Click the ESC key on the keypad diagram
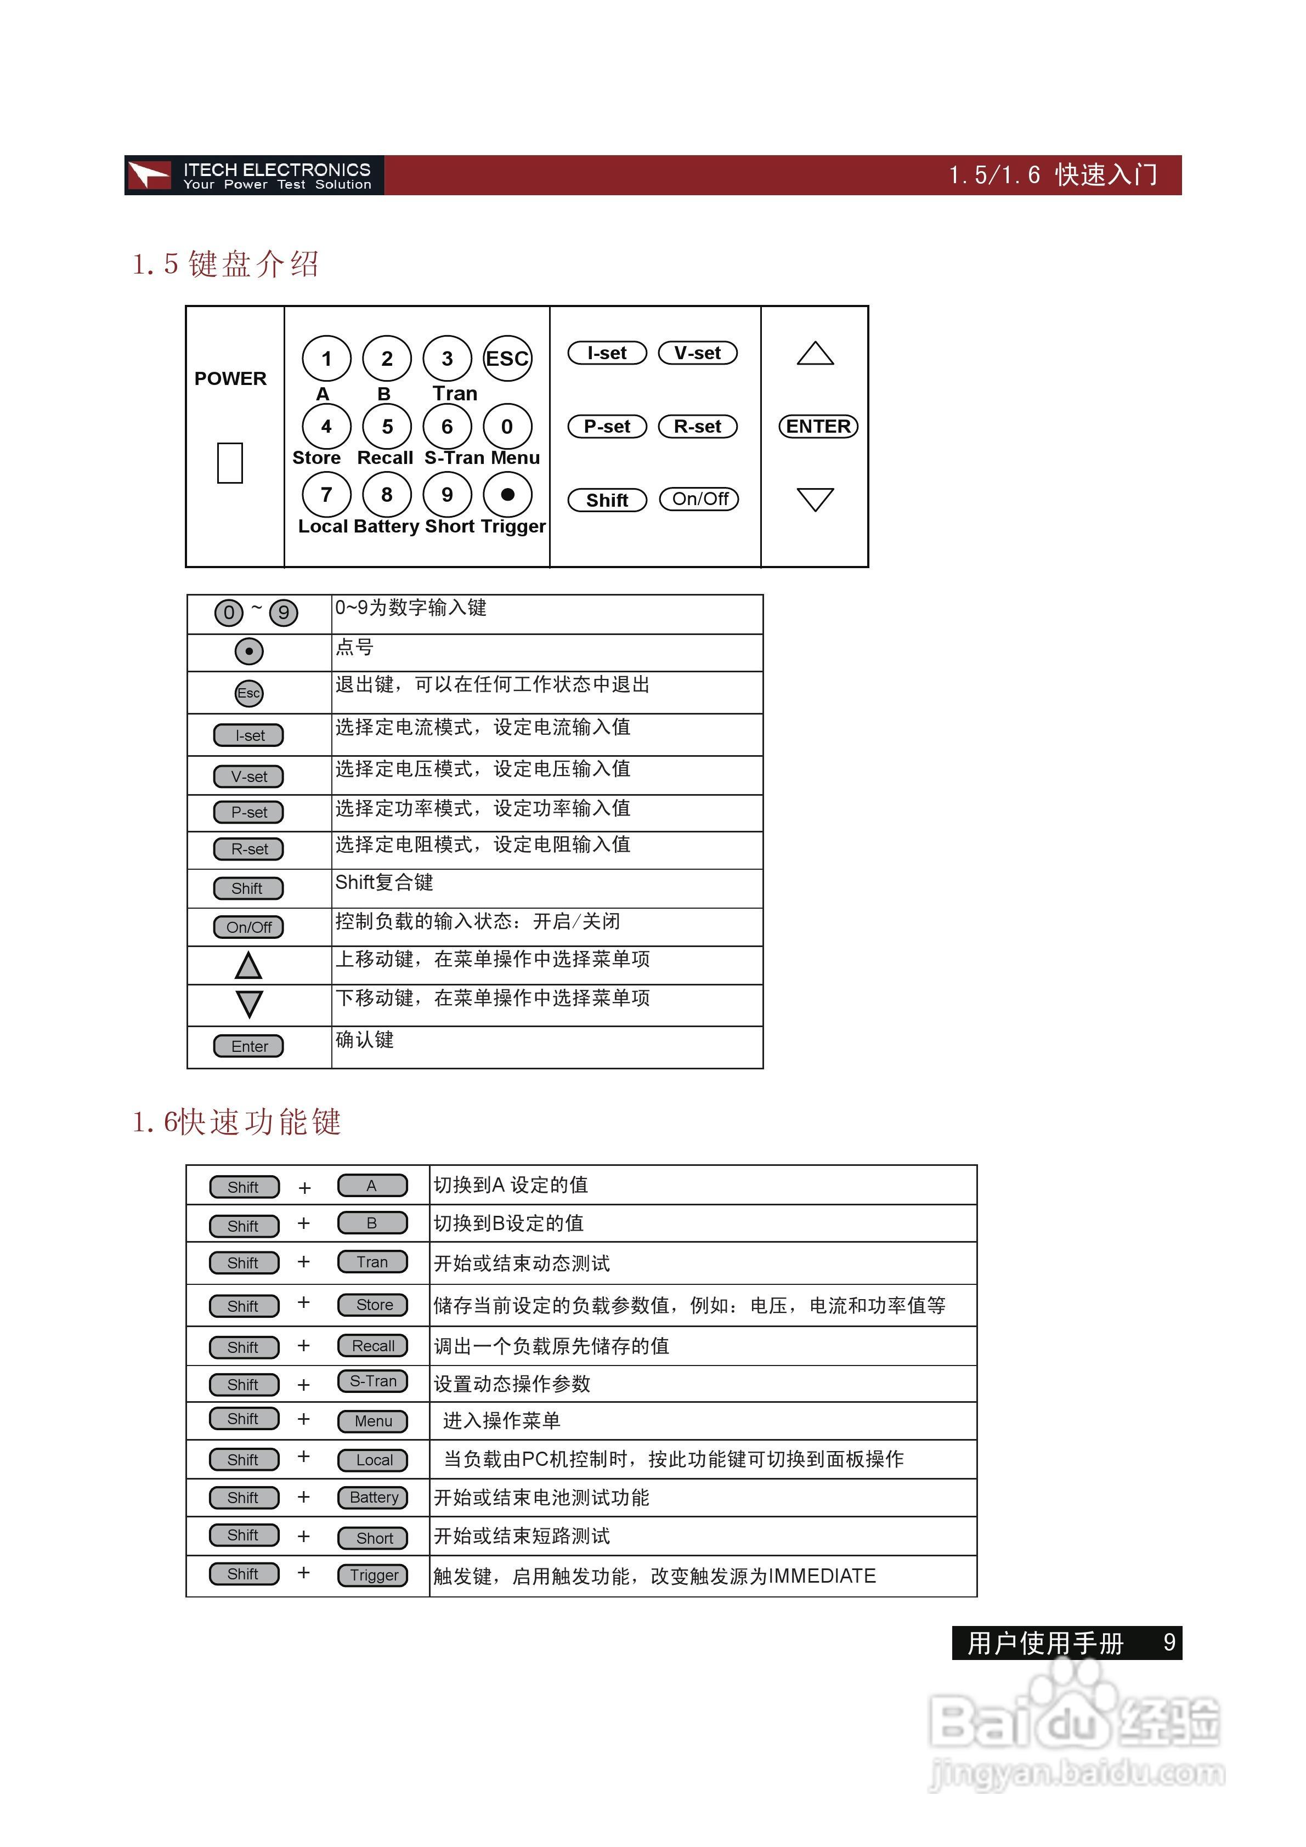pos(507,359)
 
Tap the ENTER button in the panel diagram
pos(818,426)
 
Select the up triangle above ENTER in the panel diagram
pos(815,354)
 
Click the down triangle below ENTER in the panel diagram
pos(815,498)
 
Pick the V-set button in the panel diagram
pos(698,353)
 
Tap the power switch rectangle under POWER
pos(230,462)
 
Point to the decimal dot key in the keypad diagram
pos(507,495)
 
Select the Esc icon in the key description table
pos(248,693)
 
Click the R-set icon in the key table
pos(248,849)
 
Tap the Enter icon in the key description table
pos(248,1046)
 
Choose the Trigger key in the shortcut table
pos(374,1575)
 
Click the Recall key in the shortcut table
pos(372,1346)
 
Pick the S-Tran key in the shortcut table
pos(372,1381)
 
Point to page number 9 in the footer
pos(1169,1642)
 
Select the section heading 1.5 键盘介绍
pos(226,264)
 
